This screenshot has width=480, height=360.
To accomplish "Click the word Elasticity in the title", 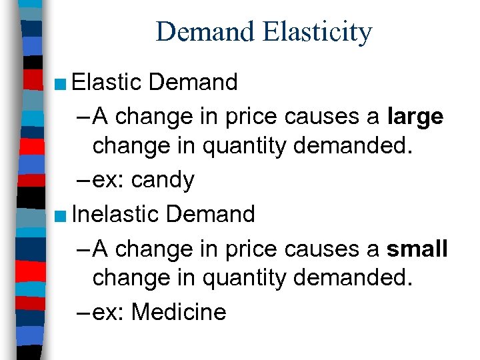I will (318, 32).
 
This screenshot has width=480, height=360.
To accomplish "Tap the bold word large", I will (415, 117).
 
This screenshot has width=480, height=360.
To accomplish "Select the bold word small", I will (417, 249).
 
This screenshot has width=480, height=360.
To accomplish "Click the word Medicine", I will (179, 311).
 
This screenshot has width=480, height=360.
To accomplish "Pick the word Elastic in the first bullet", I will (107, 82).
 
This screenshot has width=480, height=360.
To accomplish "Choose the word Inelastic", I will (115, 213).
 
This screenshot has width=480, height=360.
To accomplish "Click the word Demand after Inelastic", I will (211, 213).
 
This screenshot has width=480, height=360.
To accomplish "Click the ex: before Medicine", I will (109, 311).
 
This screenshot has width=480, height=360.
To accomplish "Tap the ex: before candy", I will (109, 180).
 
